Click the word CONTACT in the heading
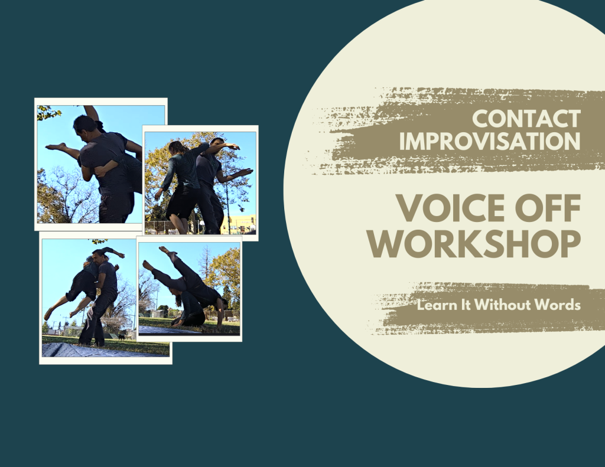[x=526, y=119]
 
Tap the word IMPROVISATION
[x=490, y=141]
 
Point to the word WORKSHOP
[x=474, y=244]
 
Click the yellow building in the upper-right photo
[x=240, y=224]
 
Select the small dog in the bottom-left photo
[x=122, y=337]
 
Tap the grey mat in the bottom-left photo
[x=100, y=350]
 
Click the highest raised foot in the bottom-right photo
[x=165, y=250]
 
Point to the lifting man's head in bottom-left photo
[x=99, y=256]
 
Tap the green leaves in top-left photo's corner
[x=48, y=113]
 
